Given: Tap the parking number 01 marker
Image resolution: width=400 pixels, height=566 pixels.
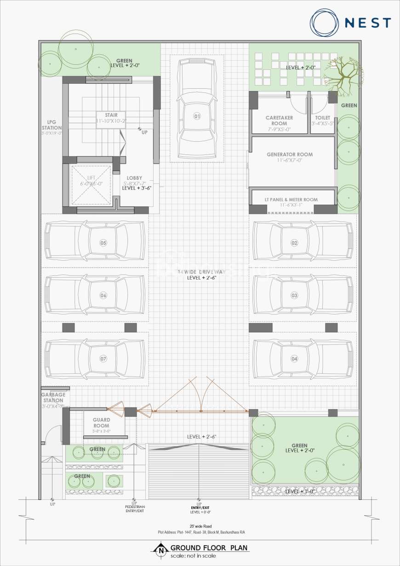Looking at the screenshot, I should click(x=197, y=116).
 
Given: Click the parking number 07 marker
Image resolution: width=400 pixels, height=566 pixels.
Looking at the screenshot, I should click(x=103, y=358).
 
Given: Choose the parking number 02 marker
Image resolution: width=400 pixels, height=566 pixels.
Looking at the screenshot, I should click(x=294, y=242).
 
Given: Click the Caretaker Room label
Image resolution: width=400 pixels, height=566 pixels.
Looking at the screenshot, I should click(x=279, y=120).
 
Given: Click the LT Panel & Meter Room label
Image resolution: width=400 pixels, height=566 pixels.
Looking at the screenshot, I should click(x=291, y=200).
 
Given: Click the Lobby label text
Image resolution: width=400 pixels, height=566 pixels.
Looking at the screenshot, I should click(x=134, y=178).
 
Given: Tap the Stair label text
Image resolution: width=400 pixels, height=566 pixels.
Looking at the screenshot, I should click(x=111, y=115).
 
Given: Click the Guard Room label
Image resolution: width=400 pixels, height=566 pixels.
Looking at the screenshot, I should click(x=101, y=423).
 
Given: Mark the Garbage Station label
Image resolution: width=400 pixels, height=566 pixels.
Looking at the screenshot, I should click(x=53, y=397).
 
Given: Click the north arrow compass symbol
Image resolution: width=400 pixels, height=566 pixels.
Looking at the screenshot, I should click(x=161, y=549).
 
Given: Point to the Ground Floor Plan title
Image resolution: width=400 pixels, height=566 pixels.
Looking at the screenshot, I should click(x=209, y=548).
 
